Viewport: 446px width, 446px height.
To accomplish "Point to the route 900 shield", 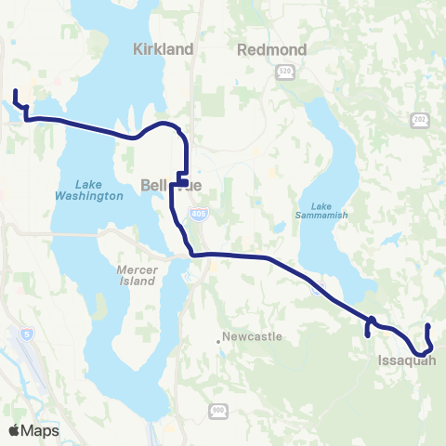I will point(218,409).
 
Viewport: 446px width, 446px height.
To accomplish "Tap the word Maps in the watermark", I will point(41,431).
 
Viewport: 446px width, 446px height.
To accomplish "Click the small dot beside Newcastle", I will point(219,340).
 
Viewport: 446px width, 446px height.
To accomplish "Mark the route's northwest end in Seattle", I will point(15,91).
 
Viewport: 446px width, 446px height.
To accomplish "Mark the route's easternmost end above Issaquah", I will point(427,325).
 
